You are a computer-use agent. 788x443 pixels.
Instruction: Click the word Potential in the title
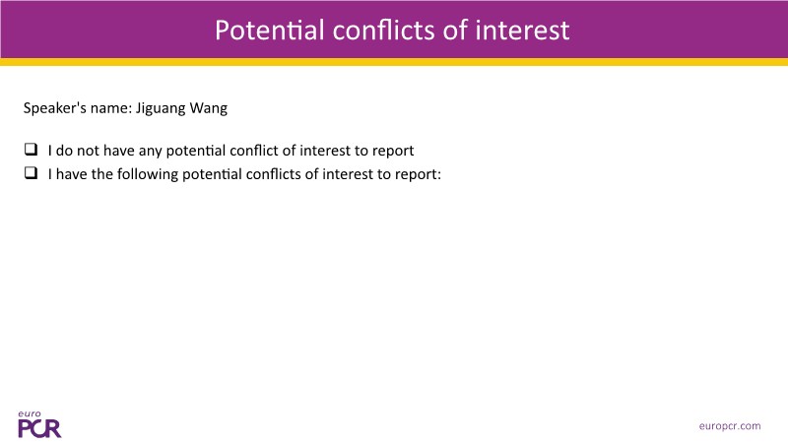269,31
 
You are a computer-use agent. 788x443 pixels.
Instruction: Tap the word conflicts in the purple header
384,31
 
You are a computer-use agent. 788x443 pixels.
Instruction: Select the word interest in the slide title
522,31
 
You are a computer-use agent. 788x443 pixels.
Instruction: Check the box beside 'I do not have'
31,150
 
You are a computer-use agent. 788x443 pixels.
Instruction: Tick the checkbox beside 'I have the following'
31,173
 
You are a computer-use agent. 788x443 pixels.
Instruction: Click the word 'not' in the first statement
88,151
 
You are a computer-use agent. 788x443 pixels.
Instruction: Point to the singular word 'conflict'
256,151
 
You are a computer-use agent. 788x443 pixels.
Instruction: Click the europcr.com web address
730,426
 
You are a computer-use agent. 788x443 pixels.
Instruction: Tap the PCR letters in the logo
39,428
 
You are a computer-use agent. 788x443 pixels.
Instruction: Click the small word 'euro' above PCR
30,413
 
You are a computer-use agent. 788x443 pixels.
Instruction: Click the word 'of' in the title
455,31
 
